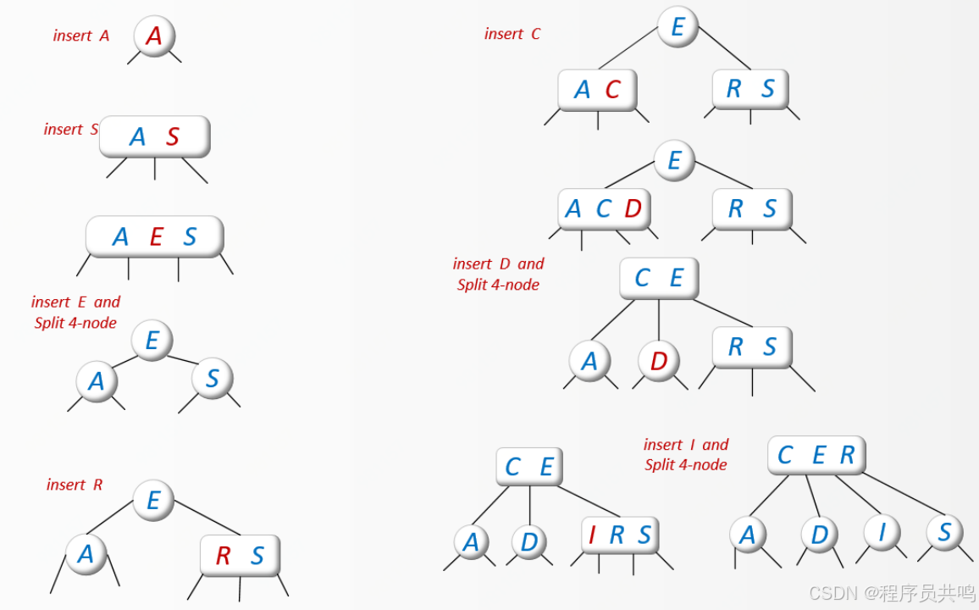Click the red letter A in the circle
[154, 36]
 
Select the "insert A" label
[81, 36]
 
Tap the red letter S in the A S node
[173, 137]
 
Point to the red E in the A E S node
[156, 237]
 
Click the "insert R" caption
[75, 485]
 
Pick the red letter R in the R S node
[223, 556]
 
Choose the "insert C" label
[512, 34]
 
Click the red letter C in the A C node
[612, 90]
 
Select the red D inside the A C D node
[633, 208]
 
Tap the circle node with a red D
[659, 362]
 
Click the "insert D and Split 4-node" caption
[498, 274]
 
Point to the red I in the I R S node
[592, 535]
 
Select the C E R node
[816, 456]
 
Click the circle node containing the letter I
[882, 532]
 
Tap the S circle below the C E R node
[945, 532]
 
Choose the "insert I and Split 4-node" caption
[686, 454]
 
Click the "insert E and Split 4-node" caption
[76, 312]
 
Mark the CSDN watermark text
[891, 593]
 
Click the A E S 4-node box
[155, 236]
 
